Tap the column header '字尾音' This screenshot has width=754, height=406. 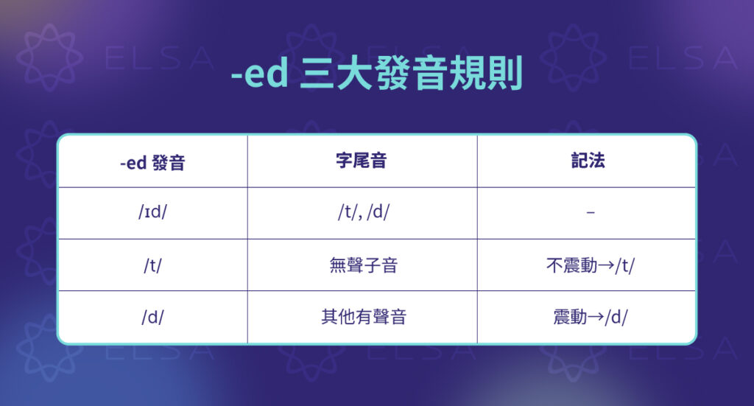(362, 161)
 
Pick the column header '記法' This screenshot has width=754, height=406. (587, 161)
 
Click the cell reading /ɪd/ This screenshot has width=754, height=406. (152, 214)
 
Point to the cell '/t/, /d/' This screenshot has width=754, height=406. (362, 214)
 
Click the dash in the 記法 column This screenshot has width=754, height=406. (587, 214)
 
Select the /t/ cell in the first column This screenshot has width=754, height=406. (152, 265)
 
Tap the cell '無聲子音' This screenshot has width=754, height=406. (362, 265)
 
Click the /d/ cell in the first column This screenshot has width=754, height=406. (152, 318)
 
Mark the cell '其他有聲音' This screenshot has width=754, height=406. (363, 318)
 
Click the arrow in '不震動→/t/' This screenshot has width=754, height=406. (605, 265)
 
